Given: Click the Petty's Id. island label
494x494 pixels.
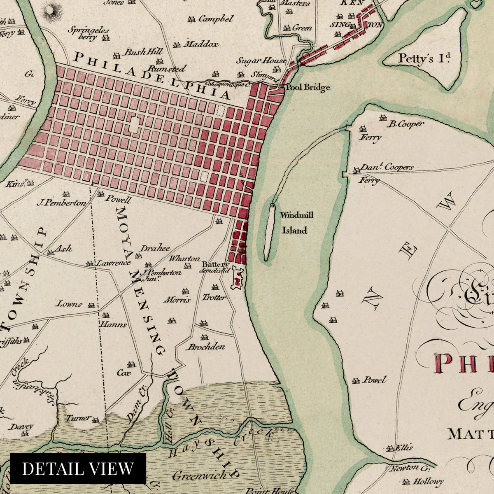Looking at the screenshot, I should coord(422,58).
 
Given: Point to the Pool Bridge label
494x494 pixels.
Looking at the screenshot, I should coord(308,87).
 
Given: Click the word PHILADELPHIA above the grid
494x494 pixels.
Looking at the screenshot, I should coord(152,76).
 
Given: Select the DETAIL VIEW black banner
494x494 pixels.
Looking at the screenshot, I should coord(78,468).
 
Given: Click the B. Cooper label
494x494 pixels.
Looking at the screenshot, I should coord(406,123).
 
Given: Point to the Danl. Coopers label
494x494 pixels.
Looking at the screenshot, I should coord(387,168).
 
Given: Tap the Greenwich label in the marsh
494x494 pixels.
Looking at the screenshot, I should coord(199,475).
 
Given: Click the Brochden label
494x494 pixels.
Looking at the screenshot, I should coord(207,347).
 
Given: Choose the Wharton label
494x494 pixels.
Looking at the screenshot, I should coord(185,259).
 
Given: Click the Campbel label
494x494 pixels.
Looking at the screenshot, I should coord(215,19).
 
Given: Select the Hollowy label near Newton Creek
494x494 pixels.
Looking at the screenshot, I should coord(428,481).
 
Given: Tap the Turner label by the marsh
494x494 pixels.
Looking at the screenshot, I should coord(78,418).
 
